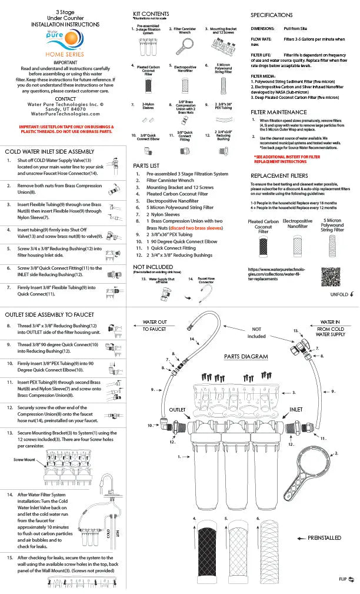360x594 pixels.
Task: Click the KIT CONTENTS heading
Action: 151,14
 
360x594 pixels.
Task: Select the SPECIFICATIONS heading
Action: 271,15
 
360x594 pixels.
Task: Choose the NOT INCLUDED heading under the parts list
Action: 153,267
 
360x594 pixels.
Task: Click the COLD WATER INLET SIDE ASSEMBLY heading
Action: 50,151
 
